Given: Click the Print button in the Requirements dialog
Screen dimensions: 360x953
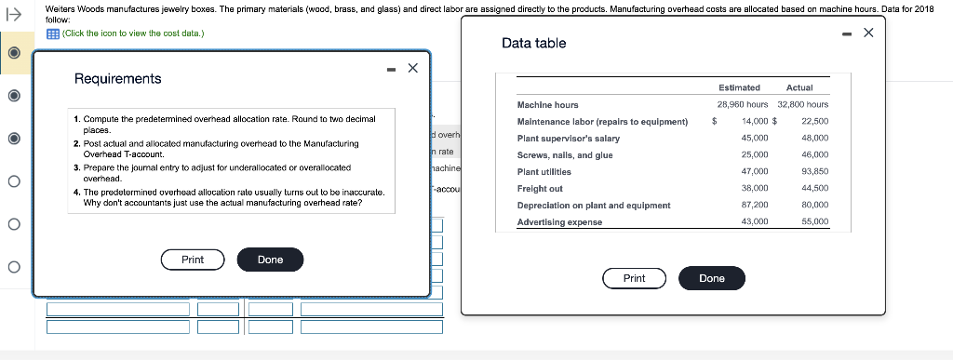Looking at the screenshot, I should [x=193, y=260].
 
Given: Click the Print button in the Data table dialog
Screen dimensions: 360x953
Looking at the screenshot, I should [x=635, y=278].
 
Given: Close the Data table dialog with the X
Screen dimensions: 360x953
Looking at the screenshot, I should [x=868, y=33].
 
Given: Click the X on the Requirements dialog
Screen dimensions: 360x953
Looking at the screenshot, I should [x=412, y=69].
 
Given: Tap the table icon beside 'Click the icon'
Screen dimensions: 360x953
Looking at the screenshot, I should [x=52, y=34].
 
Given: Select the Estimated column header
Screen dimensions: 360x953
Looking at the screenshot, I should [x=739, y=87].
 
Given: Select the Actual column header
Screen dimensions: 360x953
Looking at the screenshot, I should [x=799, y=87].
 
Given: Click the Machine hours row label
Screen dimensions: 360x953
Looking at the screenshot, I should [x=547, y=105].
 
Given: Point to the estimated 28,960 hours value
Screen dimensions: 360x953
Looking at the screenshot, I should [x=742, y=105].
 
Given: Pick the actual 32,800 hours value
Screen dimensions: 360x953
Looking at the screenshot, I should [x=802, y=105].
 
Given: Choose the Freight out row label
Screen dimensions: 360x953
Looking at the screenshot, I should [x=540, y=189].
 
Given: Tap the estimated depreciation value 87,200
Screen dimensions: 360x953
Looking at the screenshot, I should [x=754, y=206].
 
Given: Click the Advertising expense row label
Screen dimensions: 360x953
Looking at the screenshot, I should [x=559, y=222].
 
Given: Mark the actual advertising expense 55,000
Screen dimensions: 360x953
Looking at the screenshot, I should [x=814, y=222].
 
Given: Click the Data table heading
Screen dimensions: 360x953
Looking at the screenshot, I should [x=533, y=44].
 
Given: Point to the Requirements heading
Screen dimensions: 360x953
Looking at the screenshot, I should [x=117, y=79].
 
